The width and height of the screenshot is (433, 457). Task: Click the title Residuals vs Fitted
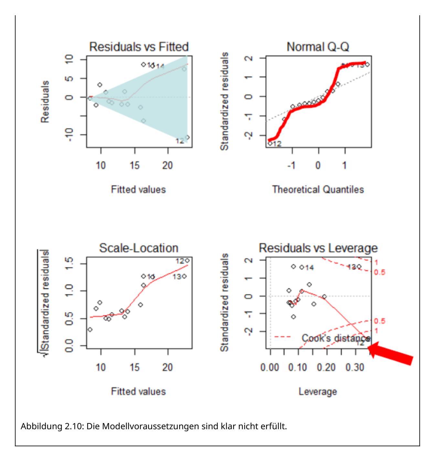click(139, 47)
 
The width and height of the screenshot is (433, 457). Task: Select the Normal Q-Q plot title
click(318, 47)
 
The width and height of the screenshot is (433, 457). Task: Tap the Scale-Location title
click(139, 248)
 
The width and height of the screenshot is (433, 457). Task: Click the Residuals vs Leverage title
click(318, 248)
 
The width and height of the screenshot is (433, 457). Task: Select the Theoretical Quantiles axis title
click(318, 189)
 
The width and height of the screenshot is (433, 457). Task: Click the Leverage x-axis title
click(318, 391)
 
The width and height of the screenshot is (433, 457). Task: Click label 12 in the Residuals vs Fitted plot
click(180, 141)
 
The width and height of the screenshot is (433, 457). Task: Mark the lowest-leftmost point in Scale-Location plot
click(90, 329)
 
